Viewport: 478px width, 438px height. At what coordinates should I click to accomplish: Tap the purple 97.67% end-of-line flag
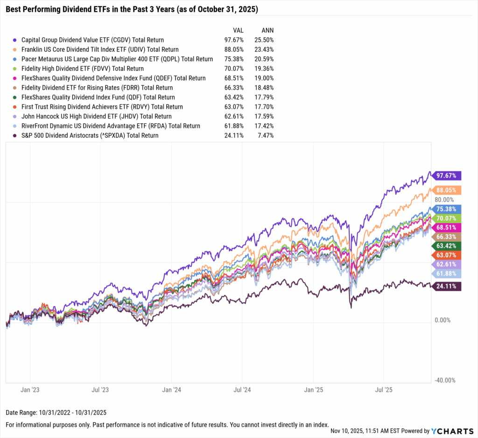point(447,176)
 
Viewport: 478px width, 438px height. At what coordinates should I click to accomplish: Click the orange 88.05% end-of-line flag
point(447,190)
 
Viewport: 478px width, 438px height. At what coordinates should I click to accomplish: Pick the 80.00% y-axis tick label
point(444,200)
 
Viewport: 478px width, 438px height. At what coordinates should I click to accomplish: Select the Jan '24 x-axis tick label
point(171,389)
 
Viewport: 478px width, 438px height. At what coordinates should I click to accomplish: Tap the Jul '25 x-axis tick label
point(383,389)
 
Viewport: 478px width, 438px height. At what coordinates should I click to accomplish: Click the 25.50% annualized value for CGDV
point(263,40)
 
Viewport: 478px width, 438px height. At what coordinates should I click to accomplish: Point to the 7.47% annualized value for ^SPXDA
point(265,135)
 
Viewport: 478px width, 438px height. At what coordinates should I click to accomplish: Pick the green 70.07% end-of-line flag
point(447,217)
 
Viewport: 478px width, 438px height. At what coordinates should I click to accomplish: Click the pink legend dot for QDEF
point(15,78)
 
